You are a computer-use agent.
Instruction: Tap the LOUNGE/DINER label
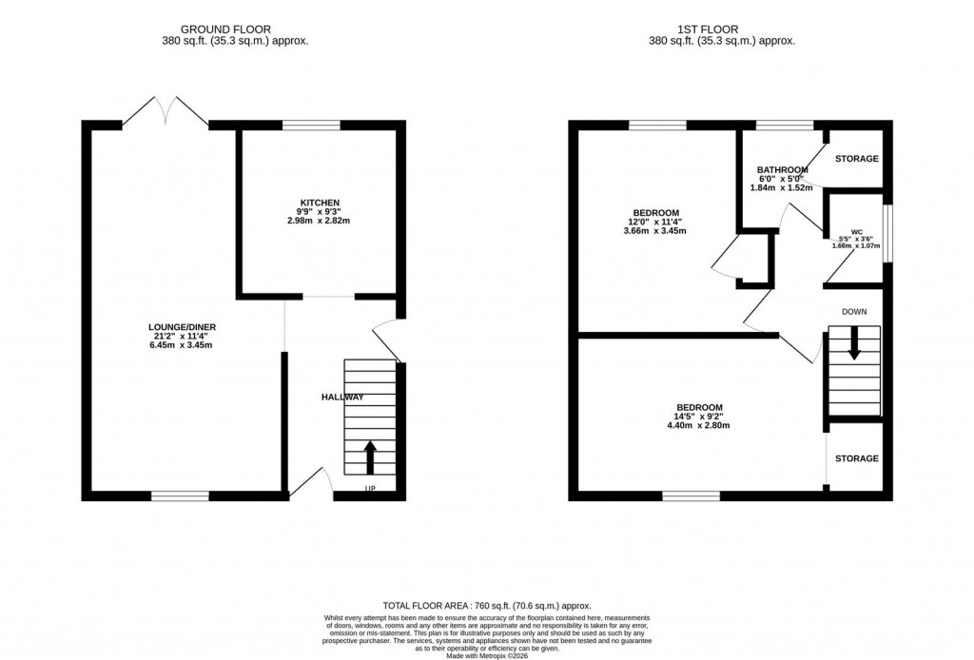coord(188,327)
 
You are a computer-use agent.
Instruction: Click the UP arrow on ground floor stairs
coord(369,456)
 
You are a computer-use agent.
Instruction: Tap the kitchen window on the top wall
coord(312,124)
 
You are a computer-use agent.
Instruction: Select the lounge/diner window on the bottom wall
coord(180,495)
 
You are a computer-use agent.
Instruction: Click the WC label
coord(856,231)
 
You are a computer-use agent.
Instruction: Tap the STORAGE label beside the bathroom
coord(856,159)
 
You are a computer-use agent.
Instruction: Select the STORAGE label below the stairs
coord(856,458)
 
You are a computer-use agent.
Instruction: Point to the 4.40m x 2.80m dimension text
coord(699,425)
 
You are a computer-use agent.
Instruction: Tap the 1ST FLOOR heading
coord(721,29)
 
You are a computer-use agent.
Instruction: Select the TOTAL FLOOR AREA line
coord(486,606)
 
